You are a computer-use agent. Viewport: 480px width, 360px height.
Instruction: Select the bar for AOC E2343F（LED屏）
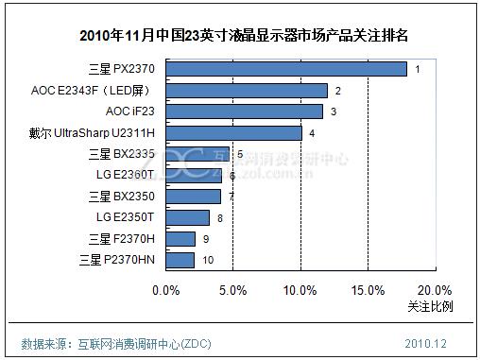click(x=247, y=91)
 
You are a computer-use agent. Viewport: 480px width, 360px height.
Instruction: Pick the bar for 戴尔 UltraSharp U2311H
click(x=233, y=133)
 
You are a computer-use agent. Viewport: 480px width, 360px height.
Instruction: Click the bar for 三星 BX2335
click(x=197, y=154)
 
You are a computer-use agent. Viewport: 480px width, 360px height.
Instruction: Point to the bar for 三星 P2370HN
click(x=180, y=260)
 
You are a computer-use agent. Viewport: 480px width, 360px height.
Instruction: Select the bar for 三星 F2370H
click(x=180, y=239)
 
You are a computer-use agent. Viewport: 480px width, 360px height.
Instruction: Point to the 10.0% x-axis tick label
click(x=300, y=290)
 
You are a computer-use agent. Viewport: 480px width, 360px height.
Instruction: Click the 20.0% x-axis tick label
click(x=435, y=290)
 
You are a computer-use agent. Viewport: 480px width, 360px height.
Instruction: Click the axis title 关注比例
click(x=430, y=307)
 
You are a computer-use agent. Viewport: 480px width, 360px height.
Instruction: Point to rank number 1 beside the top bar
click(x=418, y=70)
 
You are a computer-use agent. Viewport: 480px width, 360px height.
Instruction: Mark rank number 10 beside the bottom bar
click(x=208, y=261)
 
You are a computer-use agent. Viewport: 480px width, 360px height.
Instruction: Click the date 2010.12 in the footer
click(x=426, y=341)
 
